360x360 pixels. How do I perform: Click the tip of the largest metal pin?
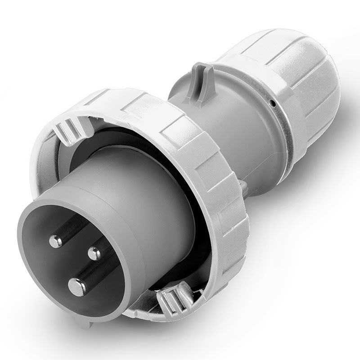click(76, 285)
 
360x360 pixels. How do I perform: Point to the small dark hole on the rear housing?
click(272, 104)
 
